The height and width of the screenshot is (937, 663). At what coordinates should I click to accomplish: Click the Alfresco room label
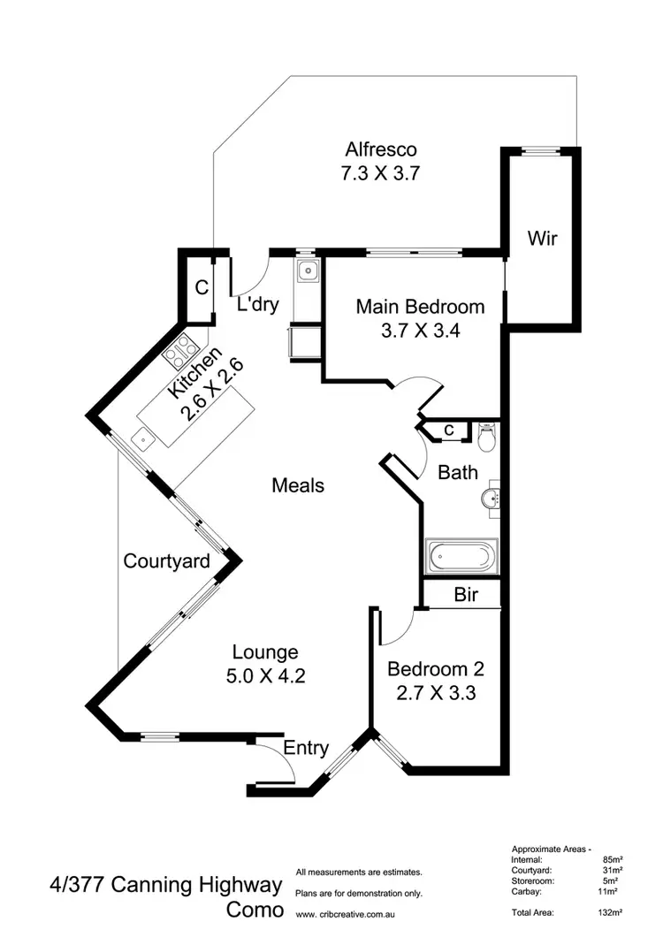tap(380, 149)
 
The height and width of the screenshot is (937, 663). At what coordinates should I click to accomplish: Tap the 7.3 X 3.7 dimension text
tap(380, 173)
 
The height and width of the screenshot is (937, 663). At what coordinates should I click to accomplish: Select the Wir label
tap(542, 238)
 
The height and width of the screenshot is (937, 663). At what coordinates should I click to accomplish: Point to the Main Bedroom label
tap(420, 307)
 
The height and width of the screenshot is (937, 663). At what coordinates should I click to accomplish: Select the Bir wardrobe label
tap(466, 595)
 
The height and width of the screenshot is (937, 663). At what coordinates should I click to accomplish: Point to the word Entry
tap(306, 749)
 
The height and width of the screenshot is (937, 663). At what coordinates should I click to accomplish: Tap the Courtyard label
tap(166, 560)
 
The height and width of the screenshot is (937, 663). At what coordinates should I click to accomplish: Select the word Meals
tap(298, 485)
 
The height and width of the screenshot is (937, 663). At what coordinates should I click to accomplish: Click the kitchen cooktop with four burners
tap(180, 350)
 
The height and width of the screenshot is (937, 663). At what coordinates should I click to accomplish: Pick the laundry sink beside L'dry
tap(307, 270)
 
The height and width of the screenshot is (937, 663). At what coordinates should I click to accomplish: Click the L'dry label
tap(258, 306)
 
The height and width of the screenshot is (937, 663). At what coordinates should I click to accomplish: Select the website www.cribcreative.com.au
tap(352, 914)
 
